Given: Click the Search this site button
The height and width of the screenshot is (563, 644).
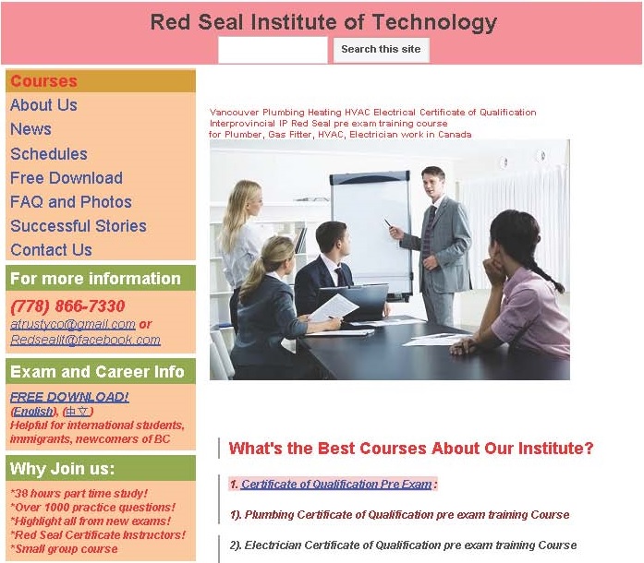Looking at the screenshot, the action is [x=382, y=50].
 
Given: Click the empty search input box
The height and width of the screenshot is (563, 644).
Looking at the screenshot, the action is [x=273, y=50].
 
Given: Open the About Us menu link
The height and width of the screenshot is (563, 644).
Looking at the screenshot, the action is [x=43, y=105].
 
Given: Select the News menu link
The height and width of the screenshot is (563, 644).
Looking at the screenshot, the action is [x=30, y=129].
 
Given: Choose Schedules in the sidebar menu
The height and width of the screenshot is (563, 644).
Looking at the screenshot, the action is [x=49, y=154].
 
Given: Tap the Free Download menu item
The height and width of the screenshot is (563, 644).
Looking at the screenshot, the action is [x=67, y=178].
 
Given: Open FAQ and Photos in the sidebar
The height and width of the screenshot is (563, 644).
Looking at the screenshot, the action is [x=71, y=202].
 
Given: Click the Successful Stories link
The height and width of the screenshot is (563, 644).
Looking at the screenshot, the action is [x=79, y=226].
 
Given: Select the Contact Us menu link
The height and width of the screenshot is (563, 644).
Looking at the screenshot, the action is [x=51, y=250].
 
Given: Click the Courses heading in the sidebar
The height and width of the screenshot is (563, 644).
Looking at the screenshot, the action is [x=44, y=81].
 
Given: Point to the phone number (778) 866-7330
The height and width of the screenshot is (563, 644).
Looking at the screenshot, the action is [x=67, y=306].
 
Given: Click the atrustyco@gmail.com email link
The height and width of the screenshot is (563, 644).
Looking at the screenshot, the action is [x=73, y=324].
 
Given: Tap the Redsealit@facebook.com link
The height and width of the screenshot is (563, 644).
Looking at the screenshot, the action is [x=85, y=340].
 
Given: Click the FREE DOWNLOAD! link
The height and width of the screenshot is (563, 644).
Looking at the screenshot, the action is [x=69, y=397].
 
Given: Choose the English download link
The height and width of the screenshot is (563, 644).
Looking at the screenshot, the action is [x=33, y=411].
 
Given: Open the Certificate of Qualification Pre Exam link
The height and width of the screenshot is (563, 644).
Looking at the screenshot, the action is [x=336, y=485].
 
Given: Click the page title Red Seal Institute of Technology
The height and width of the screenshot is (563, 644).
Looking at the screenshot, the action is [x=323, y=22].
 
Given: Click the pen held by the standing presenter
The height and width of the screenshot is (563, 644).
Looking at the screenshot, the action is [x=388, y=222].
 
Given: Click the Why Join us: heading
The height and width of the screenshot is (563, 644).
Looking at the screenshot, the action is [x=62, y=468].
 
